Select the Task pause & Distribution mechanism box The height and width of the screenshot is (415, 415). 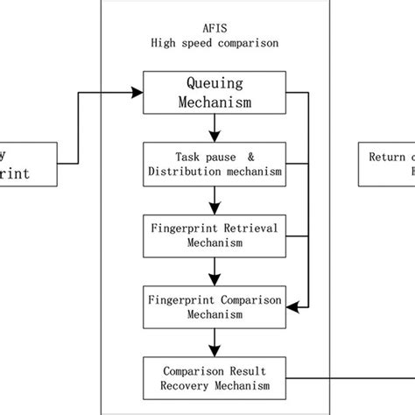(214, 163)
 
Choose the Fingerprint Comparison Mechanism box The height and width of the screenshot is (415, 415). (214, 306)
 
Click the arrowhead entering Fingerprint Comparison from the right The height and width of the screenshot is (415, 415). (296, 306)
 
